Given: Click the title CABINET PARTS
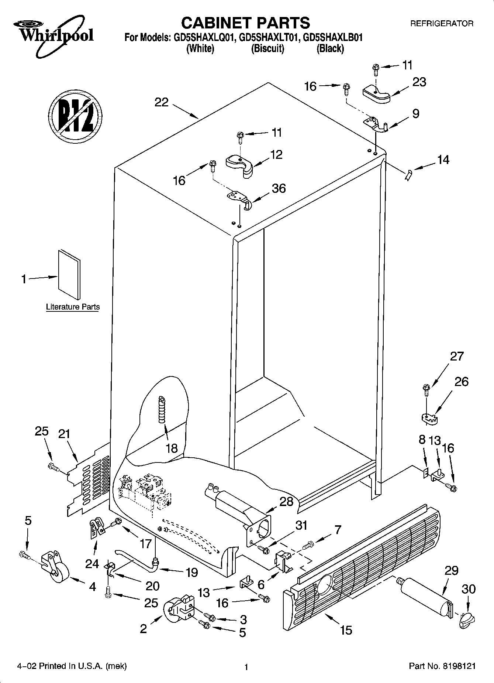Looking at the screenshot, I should (x=245, y=23).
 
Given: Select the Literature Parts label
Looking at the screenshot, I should (x=73, y=307).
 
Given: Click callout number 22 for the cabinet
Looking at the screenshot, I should (x=161, y=102).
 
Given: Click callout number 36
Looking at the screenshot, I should (x=279, y=188).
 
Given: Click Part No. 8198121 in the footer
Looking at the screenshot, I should (x=442, y=666).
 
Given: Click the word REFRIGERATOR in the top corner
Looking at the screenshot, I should (x=442, y=24).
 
